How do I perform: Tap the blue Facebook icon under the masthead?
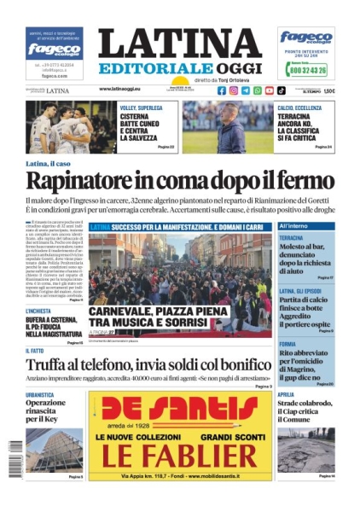pyautogui.click(x=222, y=90)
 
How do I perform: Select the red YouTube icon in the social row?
pyautogui.click(x=269, y=90)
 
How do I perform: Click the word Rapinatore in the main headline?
pyautogui.click(x=85, y=181)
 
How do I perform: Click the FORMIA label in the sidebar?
pyautogui.click(x=287, y=344)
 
